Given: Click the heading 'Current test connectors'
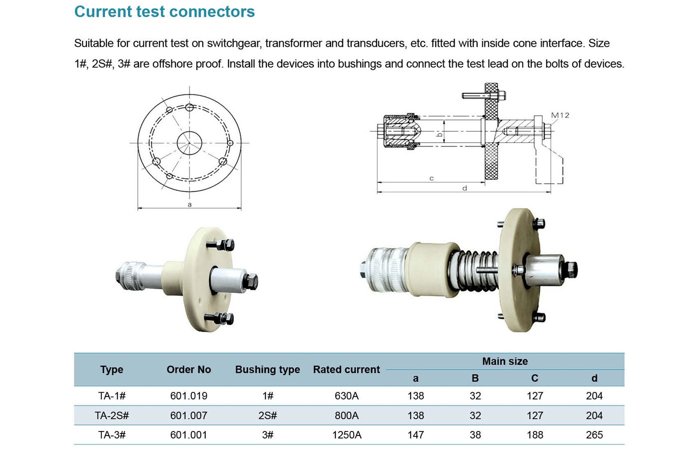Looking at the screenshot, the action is tap(164, 12).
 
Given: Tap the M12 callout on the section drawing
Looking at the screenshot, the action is tap(560, 115).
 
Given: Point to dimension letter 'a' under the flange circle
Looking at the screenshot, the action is tap(189, 205).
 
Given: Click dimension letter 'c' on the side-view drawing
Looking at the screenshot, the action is tap(432, 178).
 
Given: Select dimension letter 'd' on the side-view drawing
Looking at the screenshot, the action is tap(465, 188).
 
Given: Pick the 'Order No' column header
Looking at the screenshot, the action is tap(189, 370).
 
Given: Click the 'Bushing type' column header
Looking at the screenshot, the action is tap(267, 370).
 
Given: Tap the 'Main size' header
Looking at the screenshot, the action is tap(505, 361).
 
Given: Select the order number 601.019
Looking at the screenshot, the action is tap(189, 396).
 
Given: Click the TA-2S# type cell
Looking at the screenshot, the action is tap(112, 416).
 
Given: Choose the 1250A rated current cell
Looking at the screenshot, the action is tap(347, 435).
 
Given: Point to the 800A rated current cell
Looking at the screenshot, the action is tap(347, 416).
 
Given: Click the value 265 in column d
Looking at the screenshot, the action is tap(594, 435).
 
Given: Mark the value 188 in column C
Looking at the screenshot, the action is tap(535, 435).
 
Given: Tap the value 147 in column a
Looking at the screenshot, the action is tap(416, 435).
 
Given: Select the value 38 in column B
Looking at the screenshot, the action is tap(475, 435).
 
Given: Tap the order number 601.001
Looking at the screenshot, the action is tap(189, 435).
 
